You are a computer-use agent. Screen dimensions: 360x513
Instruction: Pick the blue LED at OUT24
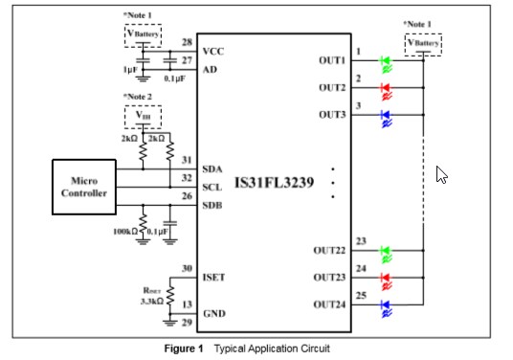pyautogui.click(x=386, y=307)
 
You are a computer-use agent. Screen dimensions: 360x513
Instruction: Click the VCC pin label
pyautogui.click(x=214, y=51)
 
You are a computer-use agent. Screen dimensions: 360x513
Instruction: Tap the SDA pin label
pyautogui.click(x=213, y=169)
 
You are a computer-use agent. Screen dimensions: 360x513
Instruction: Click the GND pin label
pyautogui.click(x=214, y=313)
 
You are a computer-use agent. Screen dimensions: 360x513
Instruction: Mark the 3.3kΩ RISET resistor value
pyautogui.click(x=151, y=300)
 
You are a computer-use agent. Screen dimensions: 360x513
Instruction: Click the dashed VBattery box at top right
pyautogui.click(x=423, y=44)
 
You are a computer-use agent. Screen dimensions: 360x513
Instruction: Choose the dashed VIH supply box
pyautogui.click(x=144, y=118)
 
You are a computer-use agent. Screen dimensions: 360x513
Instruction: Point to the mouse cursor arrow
pyautogui.click(x=441, y=174)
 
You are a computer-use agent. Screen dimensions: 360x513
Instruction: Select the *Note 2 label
pyautogui.click(x=139, y=98)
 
